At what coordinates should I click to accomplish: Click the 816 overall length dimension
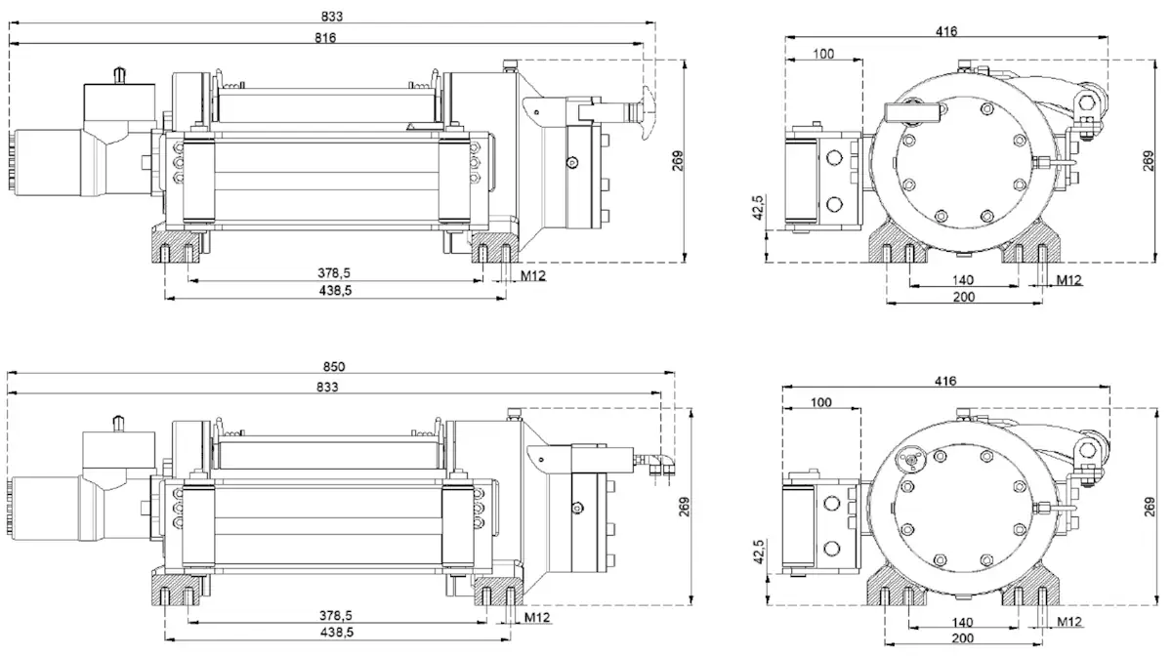(x=326, y=38)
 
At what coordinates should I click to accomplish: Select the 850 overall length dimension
(x=334, y=367)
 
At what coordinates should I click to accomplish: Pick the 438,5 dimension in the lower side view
(x=335, y=633)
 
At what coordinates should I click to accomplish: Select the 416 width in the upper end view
(x=945, y=31)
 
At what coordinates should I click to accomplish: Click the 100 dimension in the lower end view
(x=822, y=402)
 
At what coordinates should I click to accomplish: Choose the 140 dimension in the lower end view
(x=962, y=622)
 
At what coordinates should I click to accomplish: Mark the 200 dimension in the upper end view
(x=962, y=296)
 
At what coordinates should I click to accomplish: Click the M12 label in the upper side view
(x=532, y=276)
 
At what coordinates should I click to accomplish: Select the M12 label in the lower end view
(x=1069, y=622)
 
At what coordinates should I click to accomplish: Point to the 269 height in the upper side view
(x=679, y=160)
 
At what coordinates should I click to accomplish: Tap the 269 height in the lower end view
(x=1149, y=508)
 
